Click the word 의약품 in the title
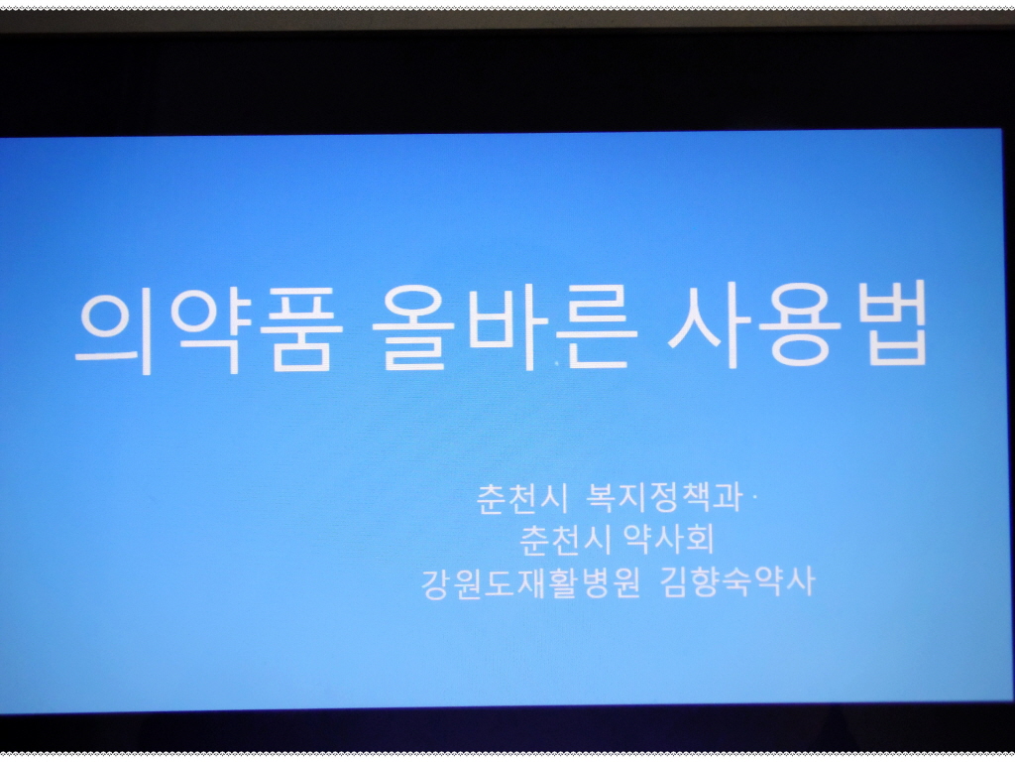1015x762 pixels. coord(209,329)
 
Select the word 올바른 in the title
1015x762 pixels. coord(505,326)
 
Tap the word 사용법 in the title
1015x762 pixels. coord(797,324)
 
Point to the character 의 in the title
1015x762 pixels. coord(115,330)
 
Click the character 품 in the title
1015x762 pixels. coord(301,329)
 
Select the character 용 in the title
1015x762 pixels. coord(800,324)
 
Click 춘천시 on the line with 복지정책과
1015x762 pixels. coord(521,498)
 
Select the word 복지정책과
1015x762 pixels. coord(663,497)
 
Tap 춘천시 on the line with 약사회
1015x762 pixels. coord(566,540)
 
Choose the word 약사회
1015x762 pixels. coord(669,539)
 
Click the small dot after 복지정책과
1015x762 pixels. coord(754,498)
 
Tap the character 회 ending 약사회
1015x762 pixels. coord(700,539)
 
